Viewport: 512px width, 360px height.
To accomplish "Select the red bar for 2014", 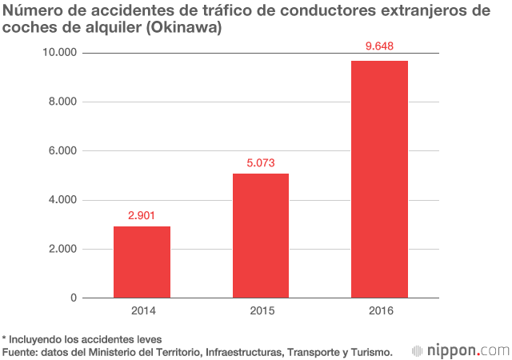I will tap(142, 262).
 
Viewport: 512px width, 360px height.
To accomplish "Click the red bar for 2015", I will tap(261, 235).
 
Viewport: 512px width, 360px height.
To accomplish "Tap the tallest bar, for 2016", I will tap(379, 179).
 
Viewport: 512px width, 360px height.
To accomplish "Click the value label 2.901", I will tap(142, 215).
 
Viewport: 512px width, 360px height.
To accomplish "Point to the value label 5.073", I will tap(261, 162).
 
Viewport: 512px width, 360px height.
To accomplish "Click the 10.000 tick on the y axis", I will tap(58, 53).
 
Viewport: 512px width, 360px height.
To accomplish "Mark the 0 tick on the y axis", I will tap(73, 298).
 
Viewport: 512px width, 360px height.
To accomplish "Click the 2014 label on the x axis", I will tap(142, 311).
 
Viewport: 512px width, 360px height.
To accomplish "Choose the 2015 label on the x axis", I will tap(261, 311).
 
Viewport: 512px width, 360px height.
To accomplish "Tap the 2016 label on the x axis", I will tap(379, 311).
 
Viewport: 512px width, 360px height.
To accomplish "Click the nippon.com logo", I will tap(460, 350).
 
